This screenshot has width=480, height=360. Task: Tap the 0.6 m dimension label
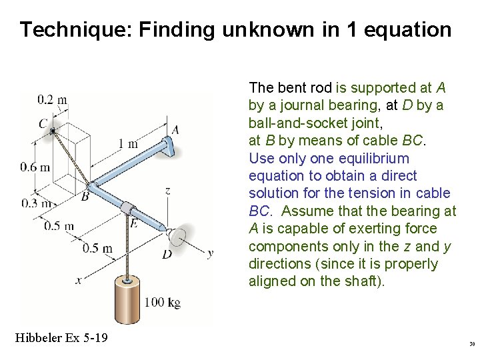[x=35, y=167]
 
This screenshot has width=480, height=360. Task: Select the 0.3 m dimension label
[x=35, y=203]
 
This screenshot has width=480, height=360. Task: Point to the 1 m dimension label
[x=128, y=143]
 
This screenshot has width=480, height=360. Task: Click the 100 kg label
[x=163, y=303]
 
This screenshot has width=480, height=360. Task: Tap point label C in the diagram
[x=43, y=123]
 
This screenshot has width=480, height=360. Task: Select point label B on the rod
[x=85, y=197]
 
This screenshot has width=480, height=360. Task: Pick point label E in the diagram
[x=134, y=223]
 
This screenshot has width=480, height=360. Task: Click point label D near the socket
[x=167, y=254]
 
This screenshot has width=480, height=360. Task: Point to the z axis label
[x=167, y=191]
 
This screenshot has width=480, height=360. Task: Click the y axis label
[x=210, y=253]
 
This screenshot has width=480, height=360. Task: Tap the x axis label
[x=78, y=281]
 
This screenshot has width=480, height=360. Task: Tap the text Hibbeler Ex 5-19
[x=61, y=338]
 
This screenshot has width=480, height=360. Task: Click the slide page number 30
[x=471, y=344]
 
